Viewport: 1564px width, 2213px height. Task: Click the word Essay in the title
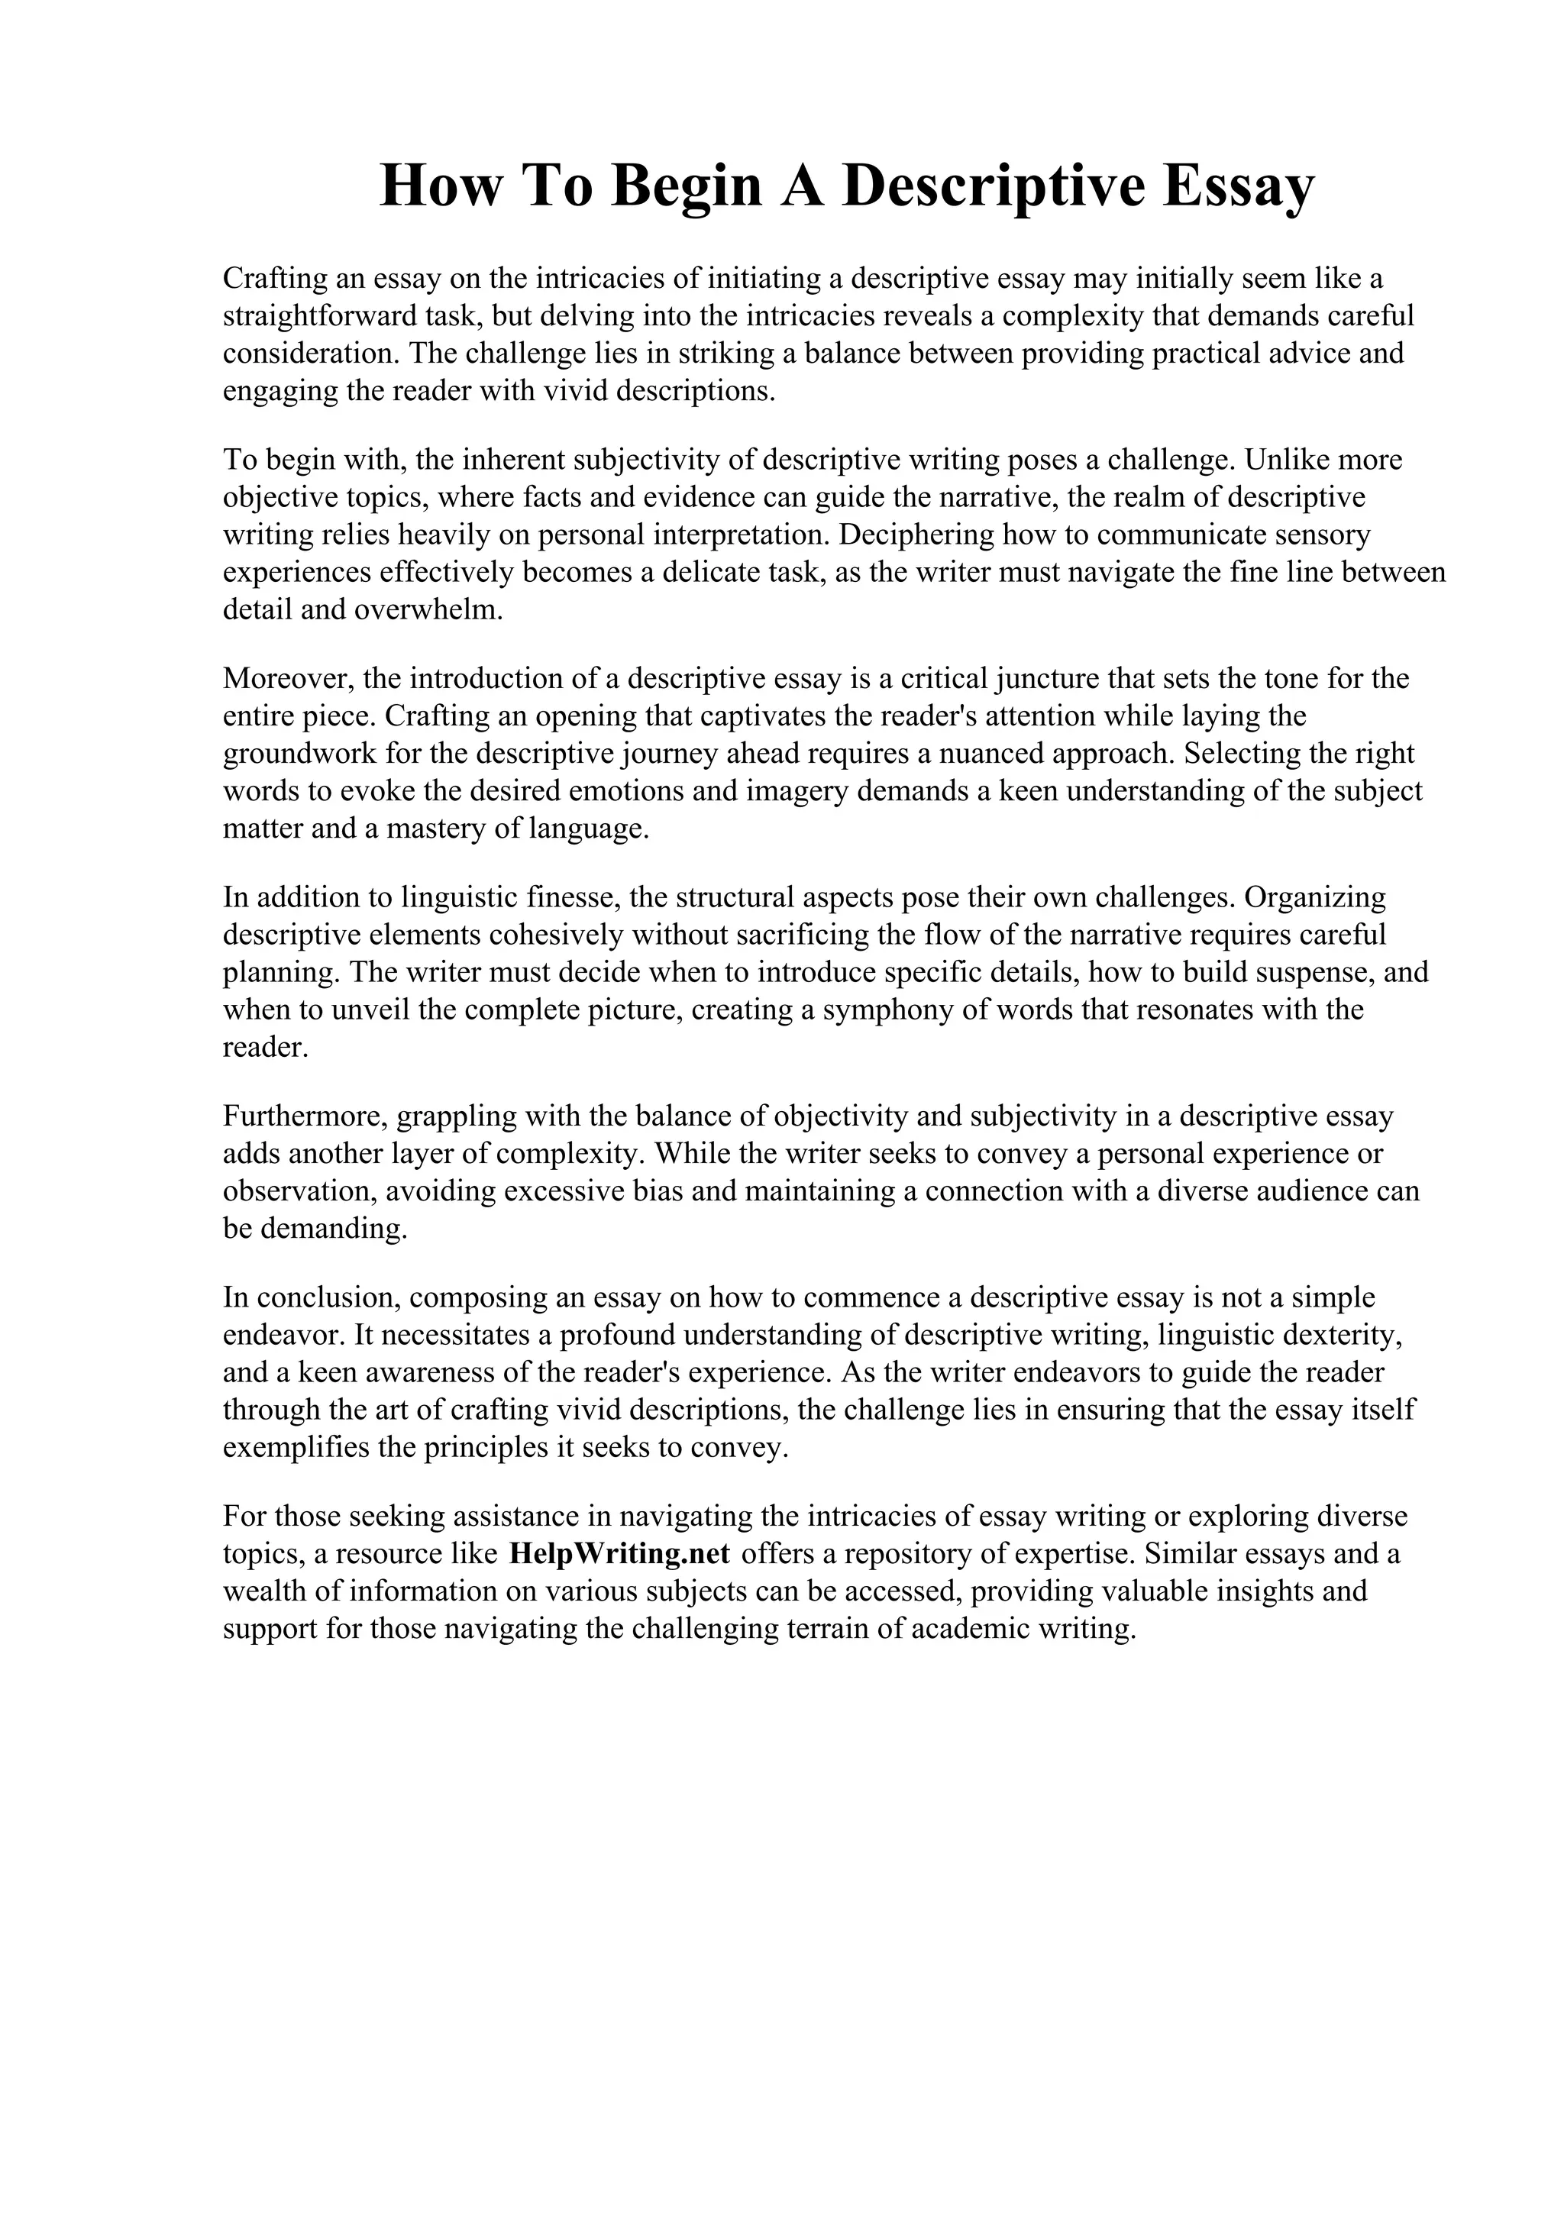(1237, 186)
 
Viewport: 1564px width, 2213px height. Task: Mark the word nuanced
(1039, 754)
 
